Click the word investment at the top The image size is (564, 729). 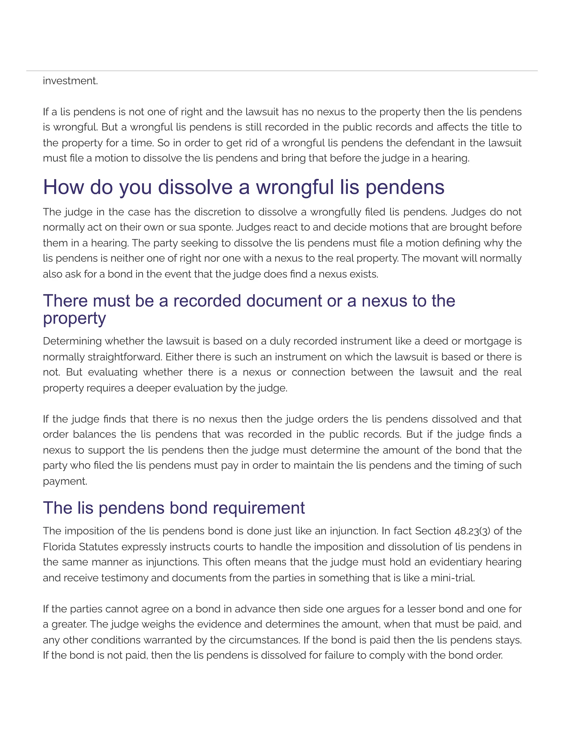70,81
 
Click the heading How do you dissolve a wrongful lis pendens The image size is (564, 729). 243,187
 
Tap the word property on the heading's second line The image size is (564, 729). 74,319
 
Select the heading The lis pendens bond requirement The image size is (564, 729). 174,508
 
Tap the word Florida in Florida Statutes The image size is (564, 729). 59,547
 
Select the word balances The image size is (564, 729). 94,435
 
